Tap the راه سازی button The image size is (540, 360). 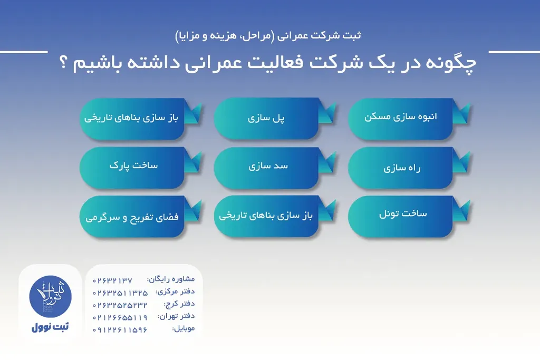pos(400,168)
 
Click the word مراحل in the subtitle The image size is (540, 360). pos(251,36)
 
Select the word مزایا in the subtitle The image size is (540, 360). pos(189,36)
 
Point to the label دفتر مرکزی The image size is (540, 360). pos(175,291)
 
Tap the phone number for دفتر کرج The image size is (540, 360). pos(120,305)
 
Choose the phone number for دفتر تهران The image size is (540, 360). pos(120,317)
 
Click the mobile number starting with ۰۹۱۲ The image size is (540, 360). pos(120,330)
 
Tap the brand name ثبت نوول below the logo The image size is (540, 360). pos(50,327)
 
